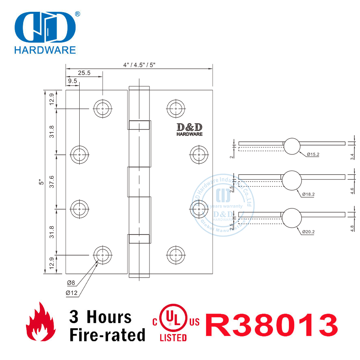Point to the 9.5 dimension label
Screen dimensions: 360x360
[x=73, y=81]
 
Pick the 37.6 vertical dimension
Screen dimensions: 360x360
[x=51, y=182]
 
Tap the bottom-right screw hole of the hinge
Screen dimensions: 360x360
[x=174, y=255]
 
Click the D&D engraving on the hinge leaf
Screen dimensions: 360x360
[x=189, y=129]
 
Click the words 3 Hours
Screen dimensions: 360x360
[x=100, y=317]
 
